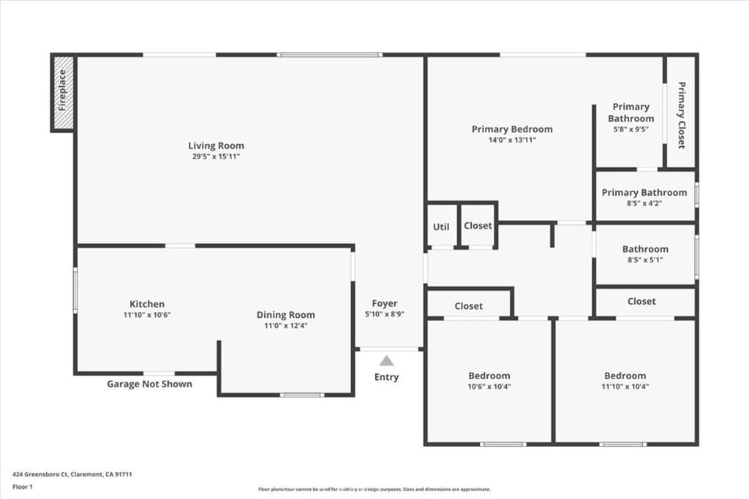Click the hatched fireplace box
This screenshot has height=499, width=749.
(x=63, y=93)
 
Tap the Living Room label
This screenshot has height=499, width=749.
(x=216, y=145)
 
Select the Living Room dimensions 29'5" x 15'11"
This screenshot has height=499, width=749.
(x=216, y=156)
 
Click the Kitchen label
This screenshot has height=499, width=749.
(x=147, y=304)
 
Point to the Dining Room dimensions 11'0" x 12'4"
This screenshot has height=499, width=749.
(x=285, y=326)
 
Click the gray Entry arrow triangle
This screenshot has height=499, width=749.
(x=386, y=360)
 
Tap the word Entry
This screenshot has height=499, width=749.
(x=386, y=377)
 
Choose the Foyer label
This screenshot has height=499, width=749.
(x=385, y=303)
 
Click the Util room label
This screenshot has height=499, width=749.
(x=441, y=226)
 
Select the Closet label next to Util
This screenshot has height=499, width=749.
(x=478, y=226)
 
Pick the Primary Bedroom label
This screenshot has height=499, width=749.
(x=512, y=129)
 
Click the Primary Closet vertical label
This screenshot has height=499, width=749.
(x=681, y=115)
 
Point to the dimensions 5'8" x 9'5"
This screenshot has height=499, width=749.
(x=631, y=129)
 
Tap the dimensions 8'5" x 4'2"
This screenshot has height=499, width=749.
(x=644, y=204)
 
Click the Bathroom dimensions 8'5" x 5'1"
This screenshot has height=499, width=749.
(x=644, y=259)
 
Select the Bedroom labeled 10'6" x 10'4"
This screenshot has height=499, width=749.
(x=489, y=376)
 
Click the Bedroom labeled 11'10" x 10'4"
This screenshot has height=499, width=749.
(x=625, y=376)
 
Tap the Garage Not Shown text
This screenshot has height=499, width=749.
(x=150, y=384)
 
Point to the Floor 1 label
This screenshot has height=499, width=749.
(x=23, y=486)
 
